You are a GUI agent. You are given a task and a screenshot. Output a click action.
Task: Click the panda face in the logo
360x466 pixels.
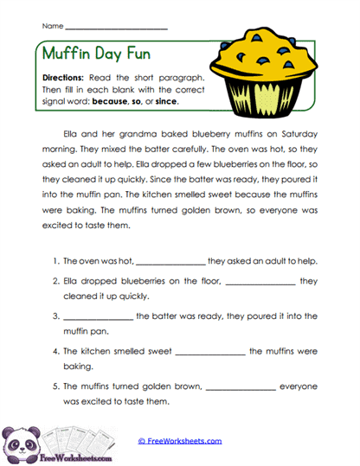click(19, 439)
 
